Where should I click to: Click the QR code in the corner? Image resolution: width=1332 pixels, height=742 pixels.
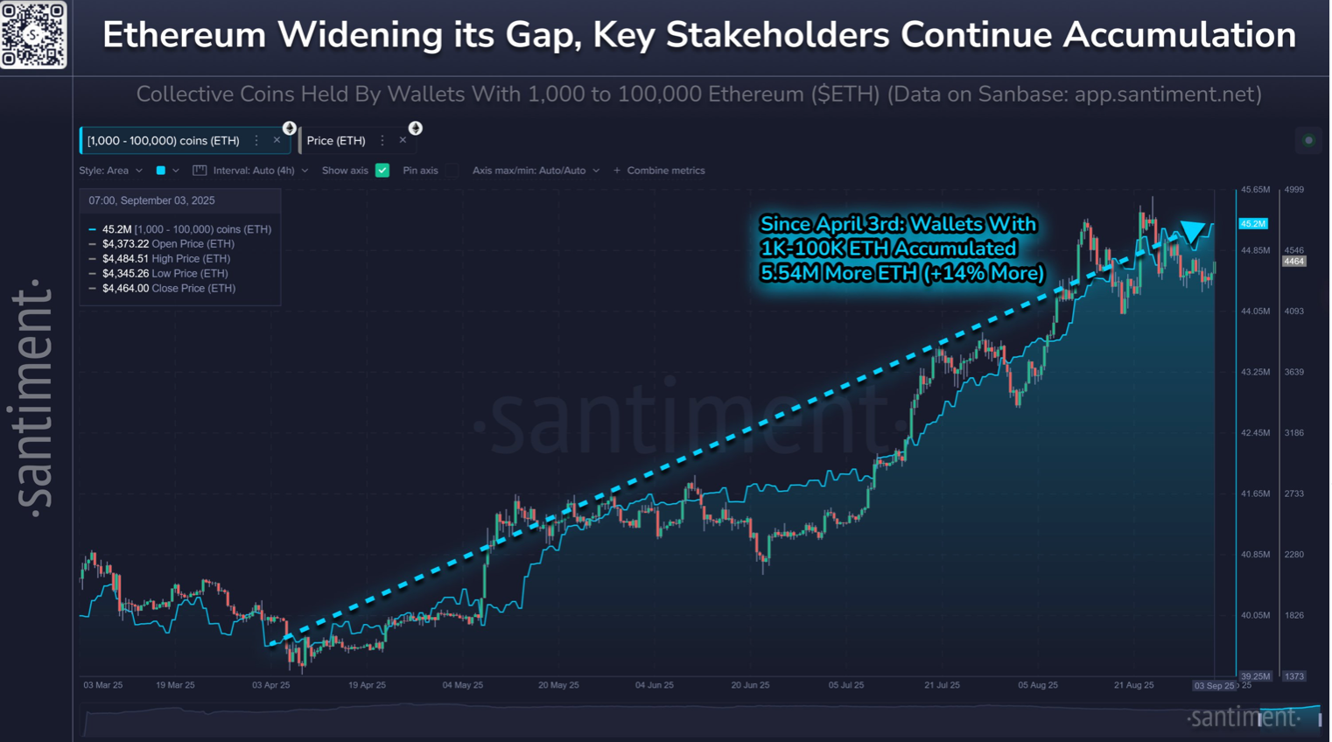[33, 34]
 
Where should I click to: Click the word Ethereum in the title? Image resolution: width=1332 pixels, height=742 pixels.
[184, 36]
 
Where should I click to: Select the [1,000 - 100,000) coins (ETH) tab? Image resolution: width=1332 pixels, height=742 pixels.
[164, 141]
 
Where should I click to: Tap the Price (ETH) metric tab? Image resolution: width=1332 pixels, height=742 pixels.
[336, 141]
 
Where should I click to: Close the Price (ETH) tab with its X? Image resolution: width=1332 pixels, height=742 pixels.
[403, 140]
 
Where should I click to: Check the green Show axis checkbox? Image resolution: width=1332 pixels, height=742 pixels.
[382, 171]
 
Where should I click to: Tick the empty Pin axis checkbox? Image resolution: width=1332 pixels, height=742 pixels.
[452, 171]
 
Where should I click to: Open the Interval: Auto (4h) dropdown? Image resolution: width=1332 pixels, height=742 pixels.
[254, 171]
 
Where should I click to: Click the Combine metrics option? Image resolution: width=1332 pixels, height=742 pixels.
[665, 171]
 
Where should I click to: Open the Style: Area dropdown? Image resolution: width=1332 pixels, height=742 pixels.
[110, 171]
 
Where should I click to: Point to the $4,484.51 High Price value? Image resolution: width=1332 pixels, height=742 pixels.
[125, 259]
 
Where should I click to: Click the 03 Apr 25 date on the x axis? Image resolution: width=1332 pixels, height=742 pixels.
[270, 685]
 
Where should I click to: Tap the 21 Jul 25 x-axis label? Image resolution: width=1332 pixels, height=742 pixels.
[942, 685]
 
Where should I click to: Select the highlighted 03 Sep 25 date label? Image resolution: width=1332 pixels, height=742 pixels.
[1214, 686]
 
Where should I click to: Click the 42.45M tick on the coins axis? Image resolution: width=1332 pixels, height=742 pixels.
[1255, 433]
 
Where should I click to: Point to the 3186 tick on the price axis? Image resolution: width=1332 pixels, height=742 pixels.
[1294, 433]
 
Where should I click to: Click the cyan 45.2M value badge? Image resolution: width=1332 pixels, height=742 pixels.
[1253, 224]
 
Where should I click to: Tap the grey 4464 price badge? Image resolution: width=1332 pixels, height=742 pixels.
[1294, 262]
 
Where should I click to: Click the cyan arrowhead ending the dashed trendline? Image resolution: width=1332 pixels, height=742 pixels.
[1192, 232]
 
